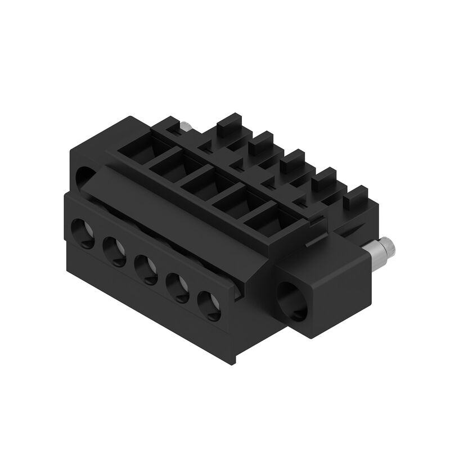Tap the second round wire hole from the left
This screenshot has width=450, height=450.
(115, 250)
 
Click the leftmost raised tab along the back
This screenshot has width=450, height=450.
(228, 122)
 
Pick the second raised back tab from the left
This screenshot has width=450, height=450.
(260, 140)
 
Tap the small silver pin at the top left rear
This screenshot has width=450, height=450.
(184, 125)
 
